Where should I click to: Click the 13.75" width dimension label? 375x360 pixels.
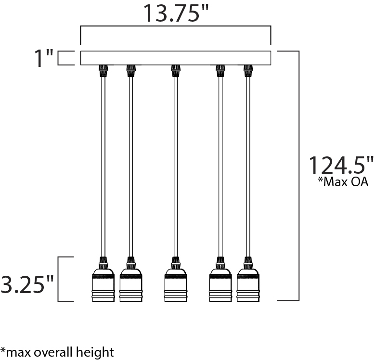(x=176, y=13)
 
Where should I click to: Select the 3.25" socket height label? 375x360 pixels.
(x=27, y=284)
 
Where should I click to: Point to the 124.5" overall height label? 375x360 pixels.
(x=341, y=165)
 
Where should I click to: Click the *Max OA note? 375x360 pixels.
(x=343, y=182)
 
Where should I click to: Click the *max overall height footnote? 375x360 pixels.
(x=57, y=352)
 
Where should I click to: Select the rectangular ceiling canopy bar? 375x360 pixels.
(x=176, y=58)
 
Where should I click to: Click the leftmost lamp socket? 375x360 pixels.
(x=103, y=285)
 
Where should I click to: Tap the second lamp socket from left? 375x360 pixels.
(x=131, y=285)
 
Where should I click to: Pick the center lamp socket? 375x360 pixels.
(x=176, y=285)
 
